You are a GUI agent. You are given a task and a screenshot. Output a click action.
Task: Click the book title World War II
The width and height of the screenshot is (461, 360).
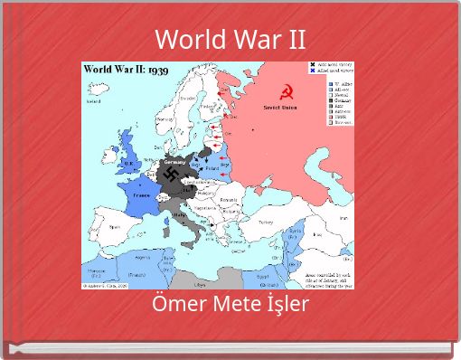click(230, 40)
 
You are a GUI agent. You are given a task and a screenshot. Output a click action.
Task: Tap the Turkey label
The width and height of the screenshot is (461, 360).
click(265, 220)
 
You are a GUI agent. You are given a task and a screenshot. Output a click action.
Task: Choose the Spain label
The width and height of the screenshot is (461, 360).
click(114, 228)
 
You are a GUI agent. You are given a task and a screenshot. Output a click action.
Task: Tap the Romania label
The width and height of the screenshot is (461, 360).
click(227, 199)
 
